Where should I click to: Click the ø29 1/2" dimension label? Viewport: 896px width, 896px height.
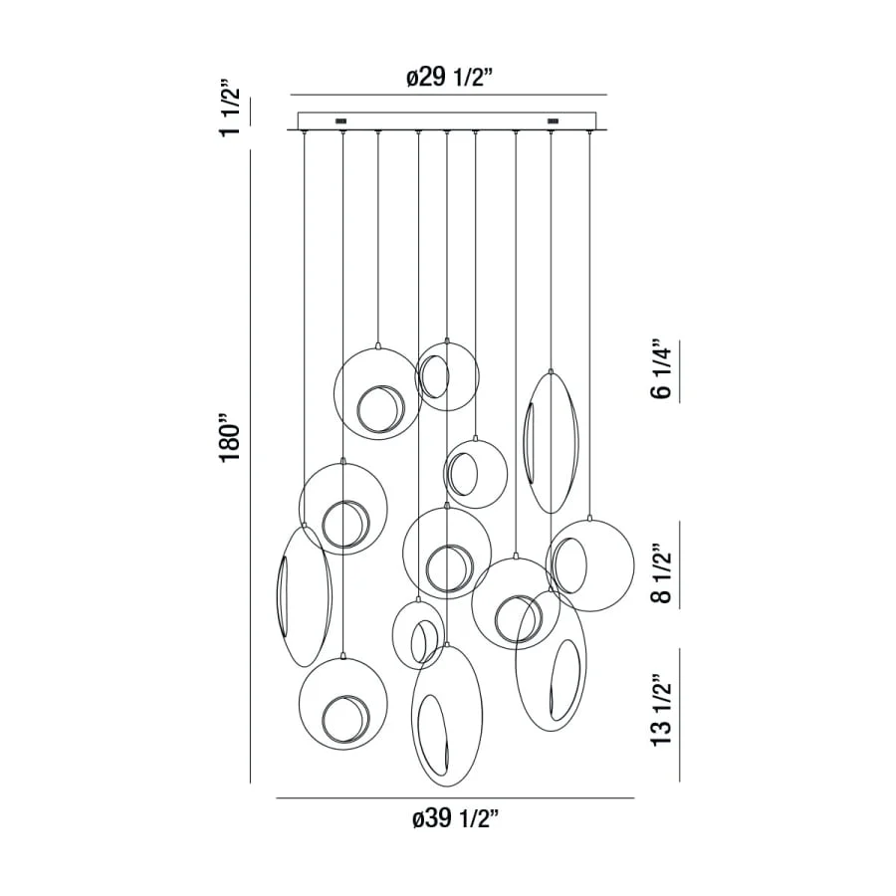pos(449,77)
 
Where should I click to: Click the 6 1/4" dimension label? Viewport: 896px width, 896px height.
pos(662,369)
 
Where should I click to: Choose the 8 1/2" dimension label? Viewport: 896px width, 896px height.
pos(662,573)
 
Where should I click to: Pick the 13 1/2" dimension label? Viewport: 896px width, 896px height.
pos(662,709)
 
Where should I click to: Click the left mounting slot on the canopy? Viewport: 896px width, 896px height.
pos(341,121)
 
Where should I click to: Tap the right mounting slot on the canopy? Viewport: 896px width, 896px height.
pos(553,121)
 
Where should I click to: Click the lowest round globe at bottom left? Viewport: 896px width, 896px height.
pos(342,658)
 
